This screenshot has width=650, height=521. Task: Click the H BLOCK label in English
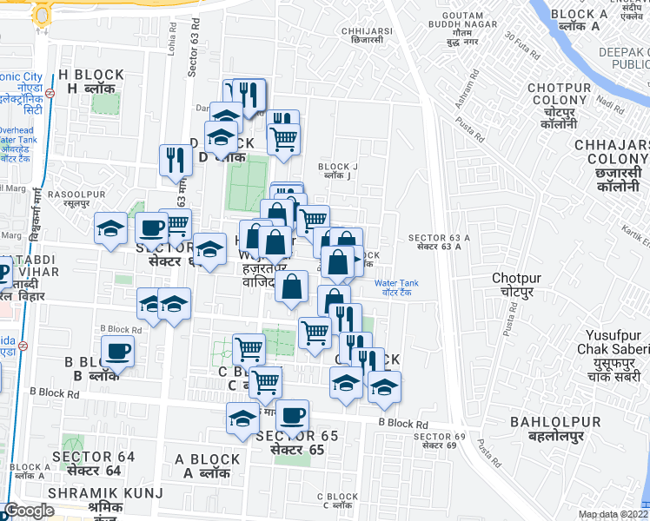(x=85, y=75)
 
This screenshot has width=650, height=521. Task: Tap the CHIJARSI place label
(x=367, y=30)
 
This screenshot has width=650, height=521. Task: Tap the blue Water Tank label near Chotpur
(x=396, y=283)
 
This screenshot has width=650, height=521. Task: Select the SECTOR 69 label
(x=434, y=436)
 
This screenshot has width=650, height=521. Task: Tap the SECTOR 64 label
(x=94, y=456)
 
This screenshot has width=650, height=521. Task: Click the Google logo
(x=29, y=511)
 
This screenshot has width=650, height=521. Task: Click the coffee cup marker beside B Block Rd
(x=117, y=352)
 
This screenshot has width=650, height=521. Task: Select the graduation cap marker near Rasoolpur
(x=110, y=228)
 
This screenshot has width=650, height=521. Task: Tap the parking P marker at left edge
(x=3, y=273)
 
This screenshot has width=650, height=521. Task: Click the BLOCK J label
(x=337, y=167)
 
